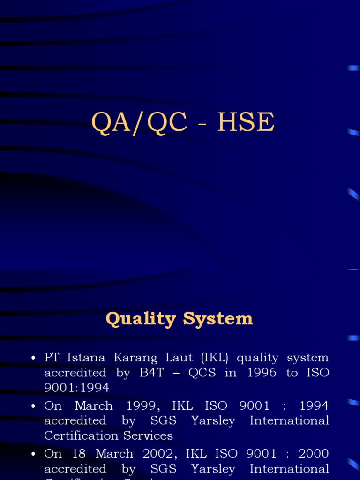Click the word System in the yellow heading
[x=218, y=319]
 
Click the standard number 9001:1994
[x=76, y=388]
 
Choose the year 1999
[x=141, y=405]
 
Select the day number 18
[x=78, y=454]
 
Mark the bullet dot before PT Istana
[x=33, y=359]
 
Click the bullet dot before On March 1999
[x=33, y=406]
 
